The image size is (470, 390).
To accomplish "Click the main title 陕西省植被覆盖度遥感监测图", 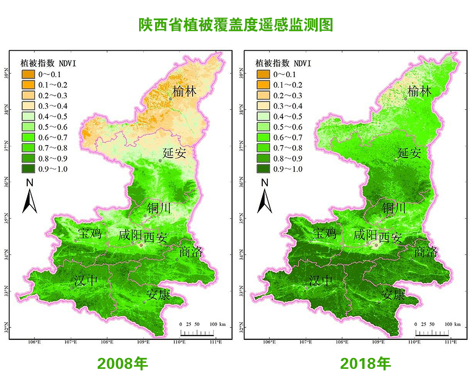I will [x=235, y=25].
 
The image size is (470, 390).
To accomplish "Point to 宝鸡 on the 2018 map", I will [x=325, y=232].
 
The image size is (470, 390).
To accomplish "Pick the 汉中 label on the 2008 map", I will [x=86, y=281].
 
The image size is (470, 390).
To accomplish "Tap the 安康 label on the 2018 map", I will [x=393, y=295].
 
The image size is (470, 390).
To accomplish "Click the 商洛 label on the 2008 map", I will [x=191, y=252].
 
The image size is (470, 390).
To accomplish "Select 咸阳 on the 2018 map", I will [x=365, y=235].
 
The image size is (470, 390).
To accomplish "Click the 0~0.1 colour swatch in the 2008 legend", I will [x=28, y=74].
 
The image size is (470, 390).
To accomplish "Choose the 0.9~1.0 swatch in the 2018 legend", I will [x=263, y=169].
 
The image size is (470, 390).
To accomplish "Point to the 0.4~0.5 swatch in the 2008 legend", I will [x=28, y=117].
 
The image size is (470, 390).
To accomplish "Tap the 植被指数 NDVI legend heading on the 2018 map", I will [x=283, y=63].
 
